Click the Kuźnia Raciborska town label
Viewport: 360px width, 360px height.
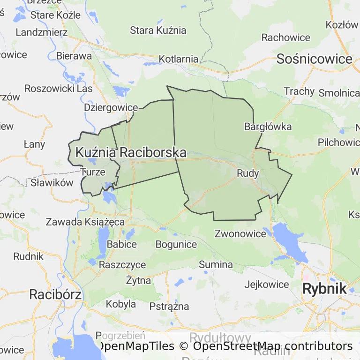[x=131, y=152]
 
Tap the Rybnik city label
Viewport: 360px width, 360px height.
[x=324, y=289]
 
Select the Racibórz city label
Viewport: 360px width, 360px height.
[x=55, y=294]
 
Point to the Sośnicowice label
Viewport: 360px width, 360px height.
[x=314, y=59]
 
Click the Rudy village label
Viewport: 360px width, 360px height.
[x=248, y=173]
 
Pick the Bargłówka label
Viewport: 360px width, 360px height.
[x=268, y=127]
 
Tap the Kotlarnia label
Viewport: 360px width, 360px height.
[x=179, y=59]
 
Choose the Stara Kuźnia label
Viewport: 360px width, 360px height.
[x=158, y=30]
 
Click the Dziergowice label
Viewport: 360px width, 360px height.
[x=111, y=107]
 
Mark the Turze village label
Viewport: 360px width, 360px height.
[x=93, y=172]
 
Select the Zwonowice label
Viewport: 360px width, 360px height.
[x=240, y=233]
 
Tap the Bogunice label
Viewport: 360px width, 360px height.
[x=176, y=244]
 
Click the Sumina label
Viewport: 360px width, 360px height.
[x=216, y=264]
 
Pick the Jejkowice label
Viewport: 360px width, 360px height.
[x=267, y=284]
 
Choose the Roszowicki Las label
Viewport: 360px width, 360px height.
[x=59, y=88]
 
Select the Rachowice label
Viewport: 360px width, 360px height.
[x=286, y=37]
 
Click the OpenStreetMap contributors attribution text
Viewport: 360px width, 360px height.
[x=272, y=346]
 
